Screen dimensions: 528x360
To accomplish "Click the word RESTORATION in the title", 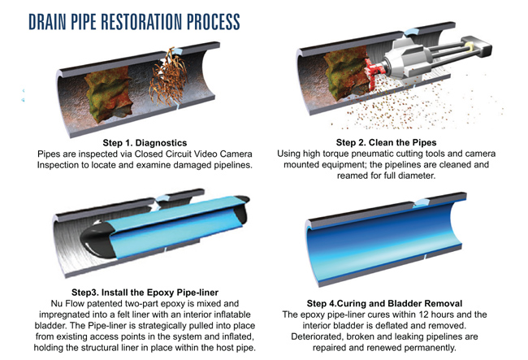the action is (x=142, y=22).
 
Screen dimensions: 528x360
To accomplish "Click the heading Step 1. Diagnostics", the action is (x=145, y=143).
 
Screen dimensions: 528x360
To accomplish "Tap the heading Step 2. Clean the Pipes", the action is (x=386, y=142).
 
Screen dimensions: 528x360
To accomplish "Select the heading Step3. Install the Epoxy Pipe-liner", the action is (x=145, y=293).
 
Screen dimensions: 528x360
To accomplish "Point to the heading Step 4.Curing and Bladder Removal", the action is (x=384, y=303).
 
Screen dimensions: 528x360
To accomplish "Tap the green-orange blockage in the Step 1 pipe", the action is (x=108, y=93).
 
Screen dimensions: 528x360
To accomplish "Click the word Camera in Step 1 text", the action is (x=236, y=154).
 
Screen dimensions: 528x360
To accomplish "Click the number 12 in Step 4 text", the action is (x=423, y=314).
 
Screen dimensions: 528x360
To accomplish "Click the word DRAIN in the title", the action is (x=47, y=22).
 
